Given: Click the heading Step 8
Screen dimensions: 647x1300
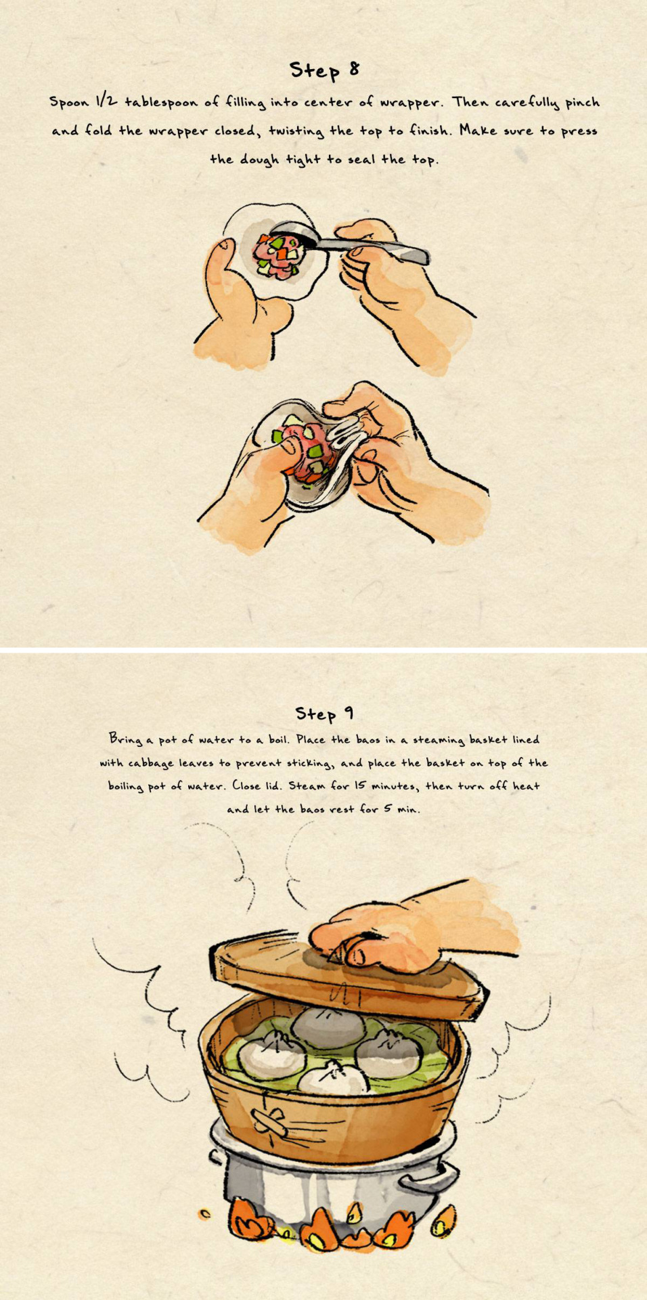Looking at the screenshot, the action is pyautogui.click(x=324, y=70).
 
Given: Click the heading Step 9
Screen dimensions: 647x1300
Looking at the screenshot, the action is pyautogui.click(x=324, y=713).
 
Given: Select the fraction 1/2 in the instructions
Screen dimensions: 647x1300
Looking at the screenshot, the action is pyautogui.click(x=106, y=101).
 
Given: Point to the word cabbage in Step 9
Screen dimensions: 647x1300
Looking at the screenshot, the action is pyautogui.click(x=150, y=764).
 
